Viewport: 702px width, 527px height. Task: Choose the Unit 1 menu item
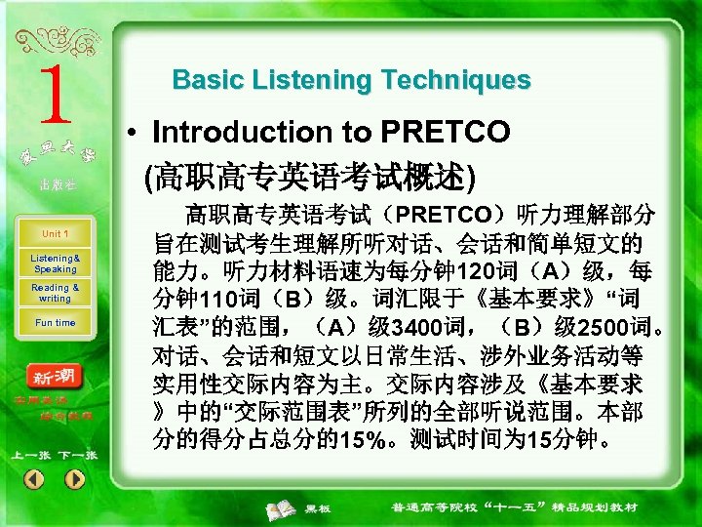pos(55,234)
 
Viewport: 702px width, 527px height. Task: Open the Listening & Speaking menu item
pos(55,263)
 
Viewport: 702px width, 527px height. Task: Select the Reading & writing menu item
pos(55,293)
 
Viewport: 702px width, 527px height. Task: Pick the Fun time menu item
pos(55,323)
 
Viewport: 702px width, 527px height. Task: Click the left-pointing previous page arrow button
pos(34,479)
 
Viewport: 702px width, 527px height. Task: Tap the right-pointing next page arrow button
pos(75,479)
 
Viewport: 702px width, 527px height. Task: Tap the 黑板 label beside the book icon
pos(318,509)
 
